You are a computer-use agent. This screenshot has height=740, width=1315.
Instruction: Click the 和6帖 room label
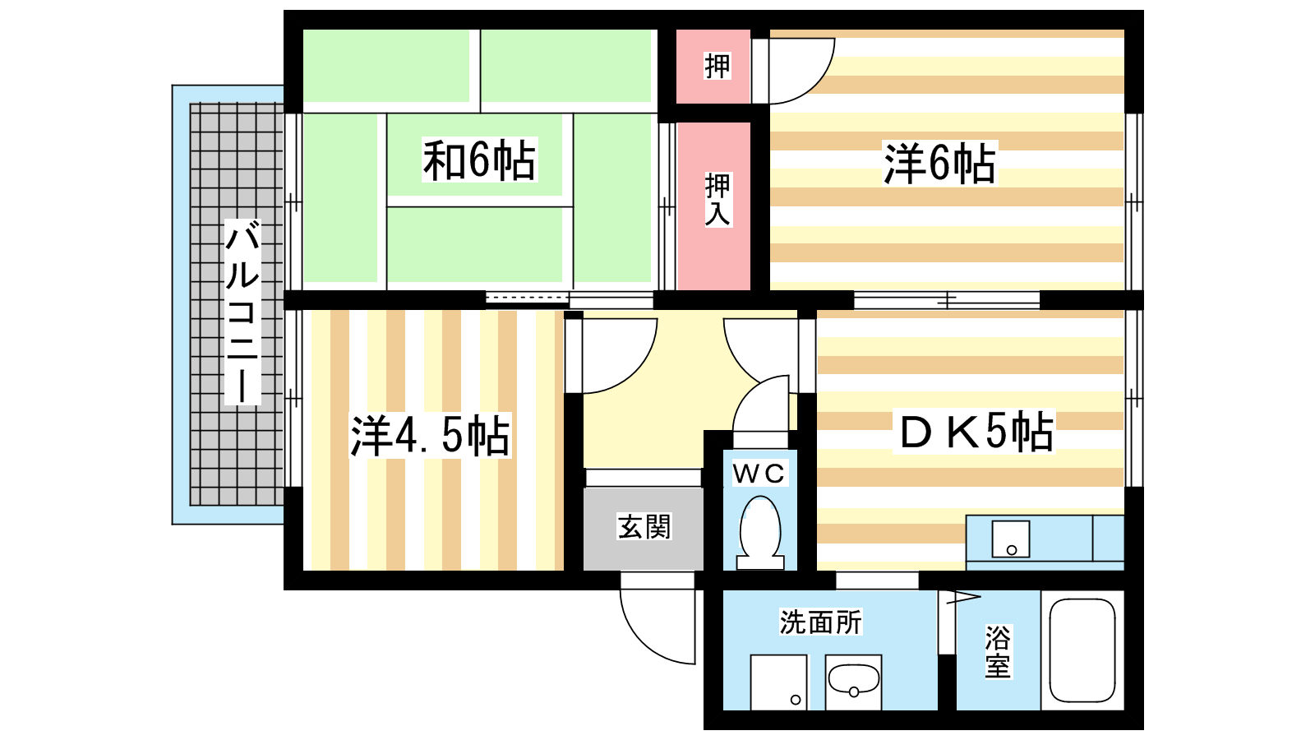click(x=479, y=160)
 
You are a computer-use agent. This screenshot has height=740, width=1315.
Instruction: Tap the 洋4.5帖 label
click(x=431, y=435)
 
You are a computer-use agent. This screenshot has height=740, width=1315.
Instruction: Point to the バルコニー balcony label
click(x=242, y=312)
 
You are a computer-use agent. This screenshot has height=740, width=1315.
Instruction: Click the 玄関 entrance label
click(x=644, y=527)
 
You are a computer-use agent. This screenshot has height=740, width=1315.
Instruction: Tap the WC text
click(x=759, y=474)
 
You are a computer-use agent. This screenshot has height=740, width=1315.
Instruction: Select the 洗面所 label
click(x=821, y=622)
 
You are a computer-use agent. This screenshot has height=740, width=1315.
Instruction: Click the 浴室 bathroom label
click(x=998, y=652)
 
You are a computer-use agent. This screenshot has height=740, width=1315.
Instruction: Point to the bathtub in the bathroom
click(x=1082, y=650)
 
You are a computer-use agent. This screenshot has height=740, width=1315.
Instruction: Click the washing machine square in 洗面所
click(x=779, y=682)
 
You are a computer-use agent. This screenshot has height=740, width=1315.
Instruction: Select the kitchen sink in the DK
click(x=1010, y=539)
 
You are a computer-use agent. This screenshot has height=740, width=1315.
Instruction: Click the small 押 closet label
click(x=717, y=67)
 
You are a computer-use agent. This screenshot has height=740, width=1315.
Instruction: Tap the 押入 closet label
click(x=717, y=200)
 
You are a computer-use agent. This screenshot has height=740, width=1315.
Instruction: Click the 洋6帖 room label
click(x=940, y=164)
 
